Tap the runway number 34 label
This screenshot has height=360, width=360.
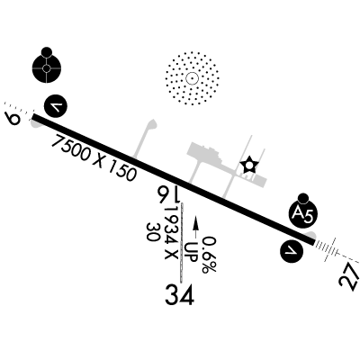tap(179, 294)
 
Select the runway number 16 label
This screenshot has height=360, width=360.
tap(168, 194)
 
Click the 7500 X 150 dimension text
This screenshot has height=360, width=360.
tap(94, 157)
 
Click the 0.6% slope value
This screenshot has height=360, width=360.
tap(209, 255)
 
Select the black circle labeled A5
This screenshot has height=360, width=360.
tap(303, 214)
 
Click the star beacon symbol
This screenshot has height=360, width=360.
tap(249, 165)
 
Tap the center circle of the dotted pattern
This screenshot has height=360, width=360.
tap(192, 78)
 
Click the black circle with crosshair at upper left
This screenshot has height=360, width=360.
tap(47, 68)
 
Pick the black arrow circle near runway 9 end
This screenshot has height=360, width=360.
tap(56, 106)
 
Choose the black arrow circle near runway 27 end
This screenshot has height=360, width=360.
tap(292, 251)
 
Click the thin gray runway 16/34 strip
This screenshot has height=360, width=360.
tap(182, 243)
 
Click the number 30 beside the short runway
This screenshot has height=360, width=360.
tap(152, 232)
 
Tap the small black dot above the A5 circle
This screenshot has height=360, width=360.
tap(303, 198)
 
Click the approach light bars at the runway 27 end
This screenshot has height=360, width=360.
tap(326, 248)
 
